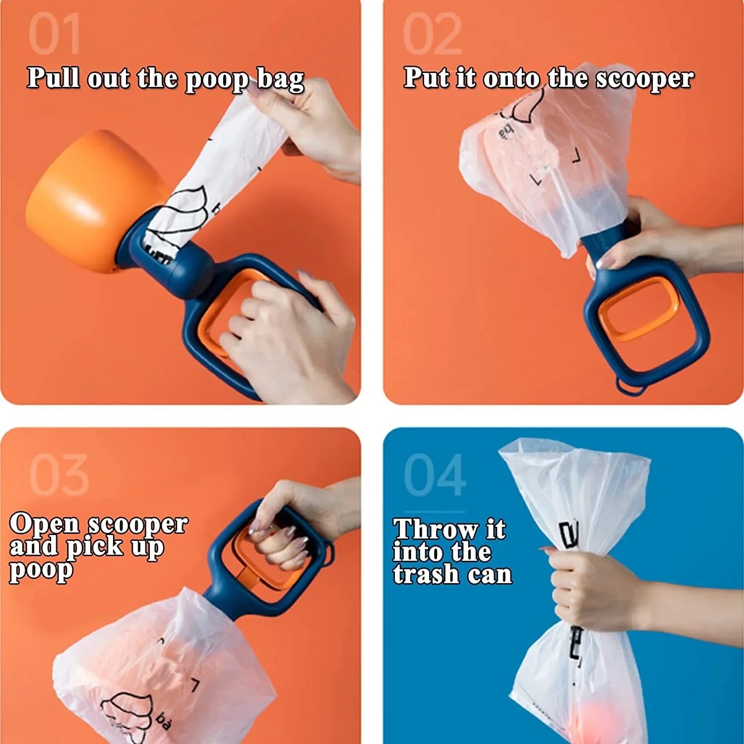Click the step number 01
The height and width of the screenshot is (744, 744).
(x=54, y=34)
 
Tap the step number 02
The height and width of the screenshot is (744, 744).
(x=432, y=34)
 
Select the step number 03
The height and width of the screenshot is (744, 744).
(x=59, y=475)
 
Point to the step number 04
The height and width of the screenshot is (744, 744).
(x=435, y=475)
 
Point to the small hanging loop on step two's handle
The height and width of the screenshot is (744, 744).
(x=631, y=386)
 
